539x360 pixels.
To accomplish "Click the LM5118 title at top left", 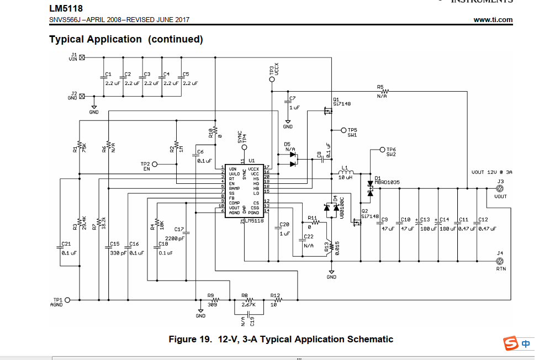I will pos(62,8).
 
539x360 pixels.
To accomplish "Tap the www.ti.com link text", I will pos(493,20).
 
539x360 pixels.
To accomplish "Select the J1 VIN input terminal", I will pos(82,57).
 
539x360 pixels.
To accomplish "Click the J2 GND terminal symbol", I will pos(82,96).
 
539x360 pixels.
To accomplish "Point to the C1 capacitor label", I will pos(108,74).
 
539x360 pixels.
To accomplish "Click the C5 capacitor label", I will pos(186,74).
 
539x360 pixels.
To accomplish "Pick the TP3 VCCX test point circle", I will pos(272,80).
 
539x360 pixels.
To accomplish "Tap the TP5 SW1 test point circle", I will pos(344,130).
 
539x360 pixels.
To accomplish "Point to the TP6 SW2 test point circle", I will pos(382,150).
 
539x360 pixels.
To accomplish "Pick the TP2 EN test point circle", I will pos(155,164).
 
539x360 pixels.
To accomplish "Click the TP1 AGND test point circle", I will pos(68,300).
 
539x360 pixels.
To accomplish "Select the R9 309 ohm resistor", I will pos(211,300).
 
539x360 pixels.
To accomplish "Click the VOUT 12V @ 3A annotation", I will pos(492,172).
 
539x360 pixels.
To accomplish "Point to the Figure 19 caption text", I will pos(281,339).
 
